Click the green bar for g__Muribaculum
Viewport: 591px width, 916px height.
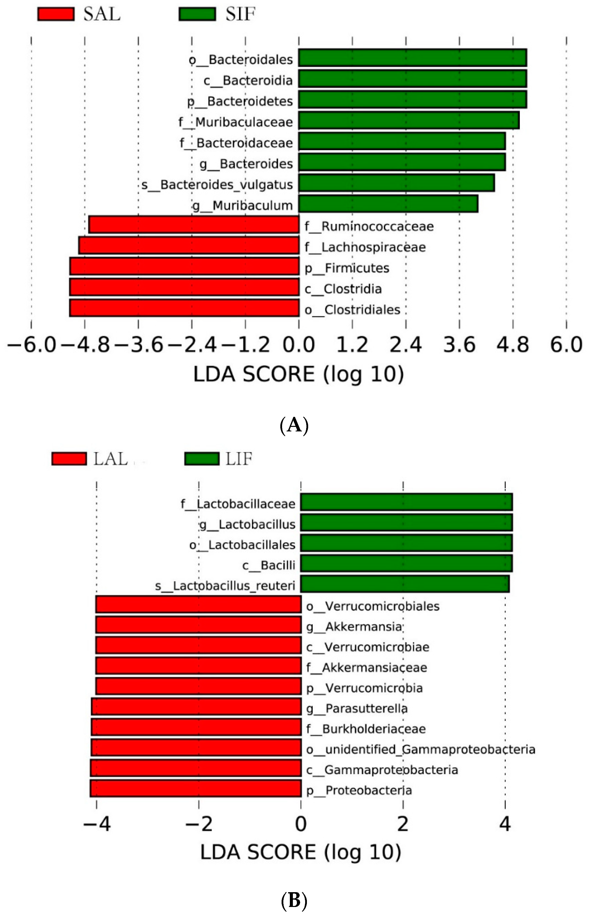[x=388, y=204]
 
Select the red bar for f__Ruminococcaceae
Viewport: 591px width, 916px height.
[x=194, y=224]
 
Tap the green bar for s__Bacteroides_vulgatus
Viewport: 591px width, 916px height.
[x=396, y=183]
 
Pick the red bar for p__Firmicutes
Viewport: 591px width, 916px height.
[x=184, y=266]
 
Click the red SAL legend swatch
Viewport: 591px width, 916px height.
[x=56, y=14]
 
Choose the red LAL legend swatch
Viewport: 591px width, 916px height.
[x=69, y=459]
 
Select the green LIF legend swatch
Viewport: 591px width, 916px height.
[x=202, y=459]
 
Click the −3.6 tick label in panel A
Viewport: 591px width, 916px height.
[x=139, y=345]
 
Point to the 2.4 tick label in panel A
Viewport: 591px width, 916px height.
[x=406, y=345]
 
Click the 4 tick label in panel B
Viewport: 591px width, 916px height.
[x=505, y=823]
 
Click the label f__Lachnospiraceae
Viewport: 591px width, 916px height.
[x=365, y=247]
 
